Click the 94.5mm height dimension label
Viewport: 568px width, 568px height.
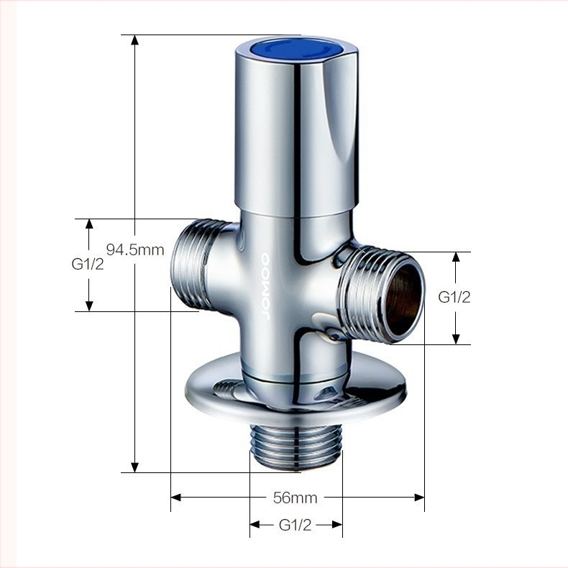pos(135,249)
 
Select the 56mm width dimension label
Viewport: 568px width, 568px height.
pos(296,498)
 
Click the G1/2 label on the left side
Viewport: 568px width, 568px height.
pos(88,264)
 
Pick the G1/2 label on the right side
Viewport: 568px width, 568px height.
pos(454,297)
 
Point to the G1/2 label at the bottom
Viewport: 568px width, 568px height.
pos(296,525)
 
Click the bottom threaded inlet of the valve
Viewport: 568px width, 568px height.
pos(296,448)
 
